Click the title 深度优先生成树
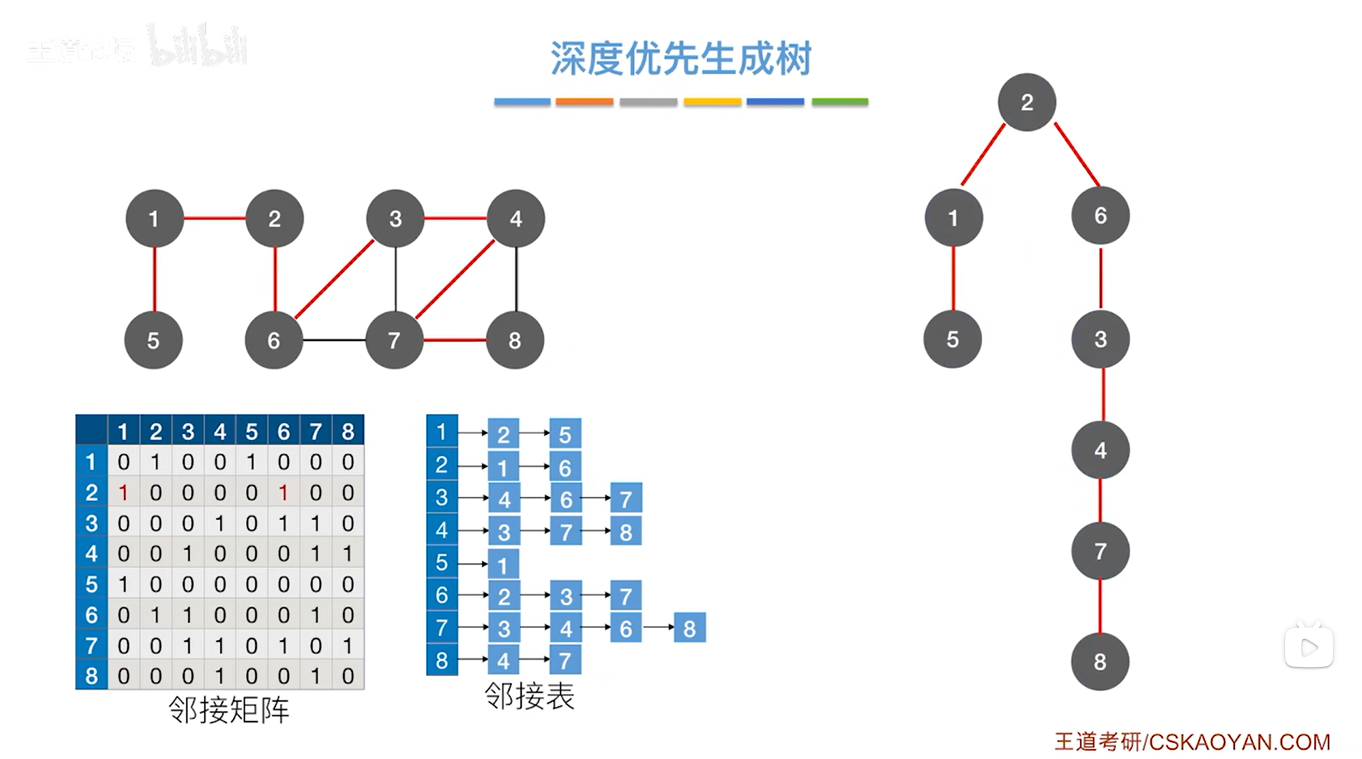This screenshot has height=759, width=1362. (x=681, y=59)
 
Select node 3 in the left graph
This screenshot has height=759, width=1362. (x=395, y=219)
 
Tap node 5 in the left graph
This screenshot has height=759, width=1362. (x=154, y=340)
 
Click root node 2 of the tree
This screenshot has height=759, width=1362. (x=1027, y=102)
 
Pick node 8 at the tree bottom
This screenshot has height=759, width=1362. (x=1100, y=662)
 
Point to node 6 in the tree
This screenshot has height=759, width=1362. (x=1100, y=216)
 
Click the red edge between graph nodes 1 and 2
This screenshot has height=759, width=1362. (x=214, y=218)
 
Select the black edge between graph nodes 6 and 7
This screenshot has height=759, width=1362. (x=334, y=340)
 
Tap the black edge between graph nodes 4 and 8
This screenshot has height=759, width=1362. (x=516, y=279)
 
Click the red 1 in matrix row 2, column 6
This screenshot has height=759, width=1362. (x=284, y=492)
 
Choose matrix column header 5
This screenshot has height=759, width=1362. (x=252, y=432)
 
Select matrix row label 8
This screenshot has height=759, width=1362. (x=92, y=676)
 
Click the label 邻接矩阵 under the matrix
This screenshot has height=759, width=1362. (x=229, y=710)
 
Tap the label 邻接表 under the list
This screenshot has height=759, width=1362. (x=529, y=696)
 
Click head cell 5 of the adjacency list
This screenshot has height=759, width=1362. (x=442, y=563)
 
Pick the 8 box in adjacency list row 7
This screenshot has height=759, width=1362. (x=689, y=628)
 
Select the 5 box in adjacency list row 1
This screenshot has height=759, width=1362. (x=565, y=434)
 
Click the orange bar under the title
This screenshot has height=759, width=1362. (x=584, y=102)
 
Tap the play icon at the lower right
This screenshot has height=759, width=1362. (x=1309, y=648)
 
